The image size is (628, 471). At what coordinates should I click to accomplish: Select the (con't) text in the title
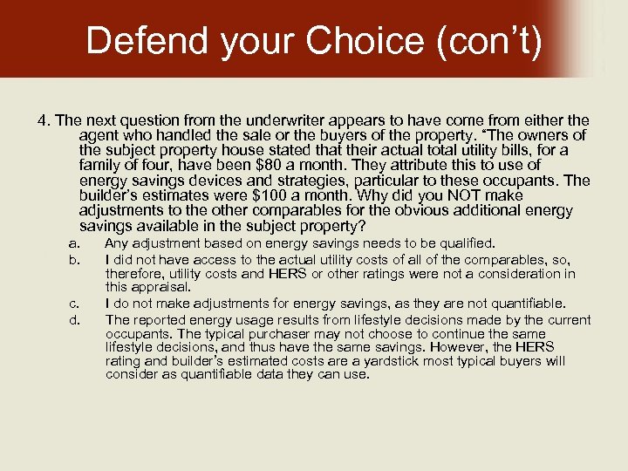click(486, 40)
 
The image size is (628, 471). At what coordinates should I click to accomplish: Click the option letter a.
click(76, 243)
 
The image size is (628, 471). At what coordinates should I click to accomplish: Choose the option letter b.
click(76, 259)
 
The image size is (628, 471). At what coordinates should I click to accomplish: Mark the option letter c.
click(76, 304)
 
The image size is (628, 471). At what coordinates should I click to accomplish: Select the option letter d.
click(76, 319)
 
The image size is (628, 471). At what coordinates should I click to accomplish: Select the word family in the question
click(99, 165)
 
